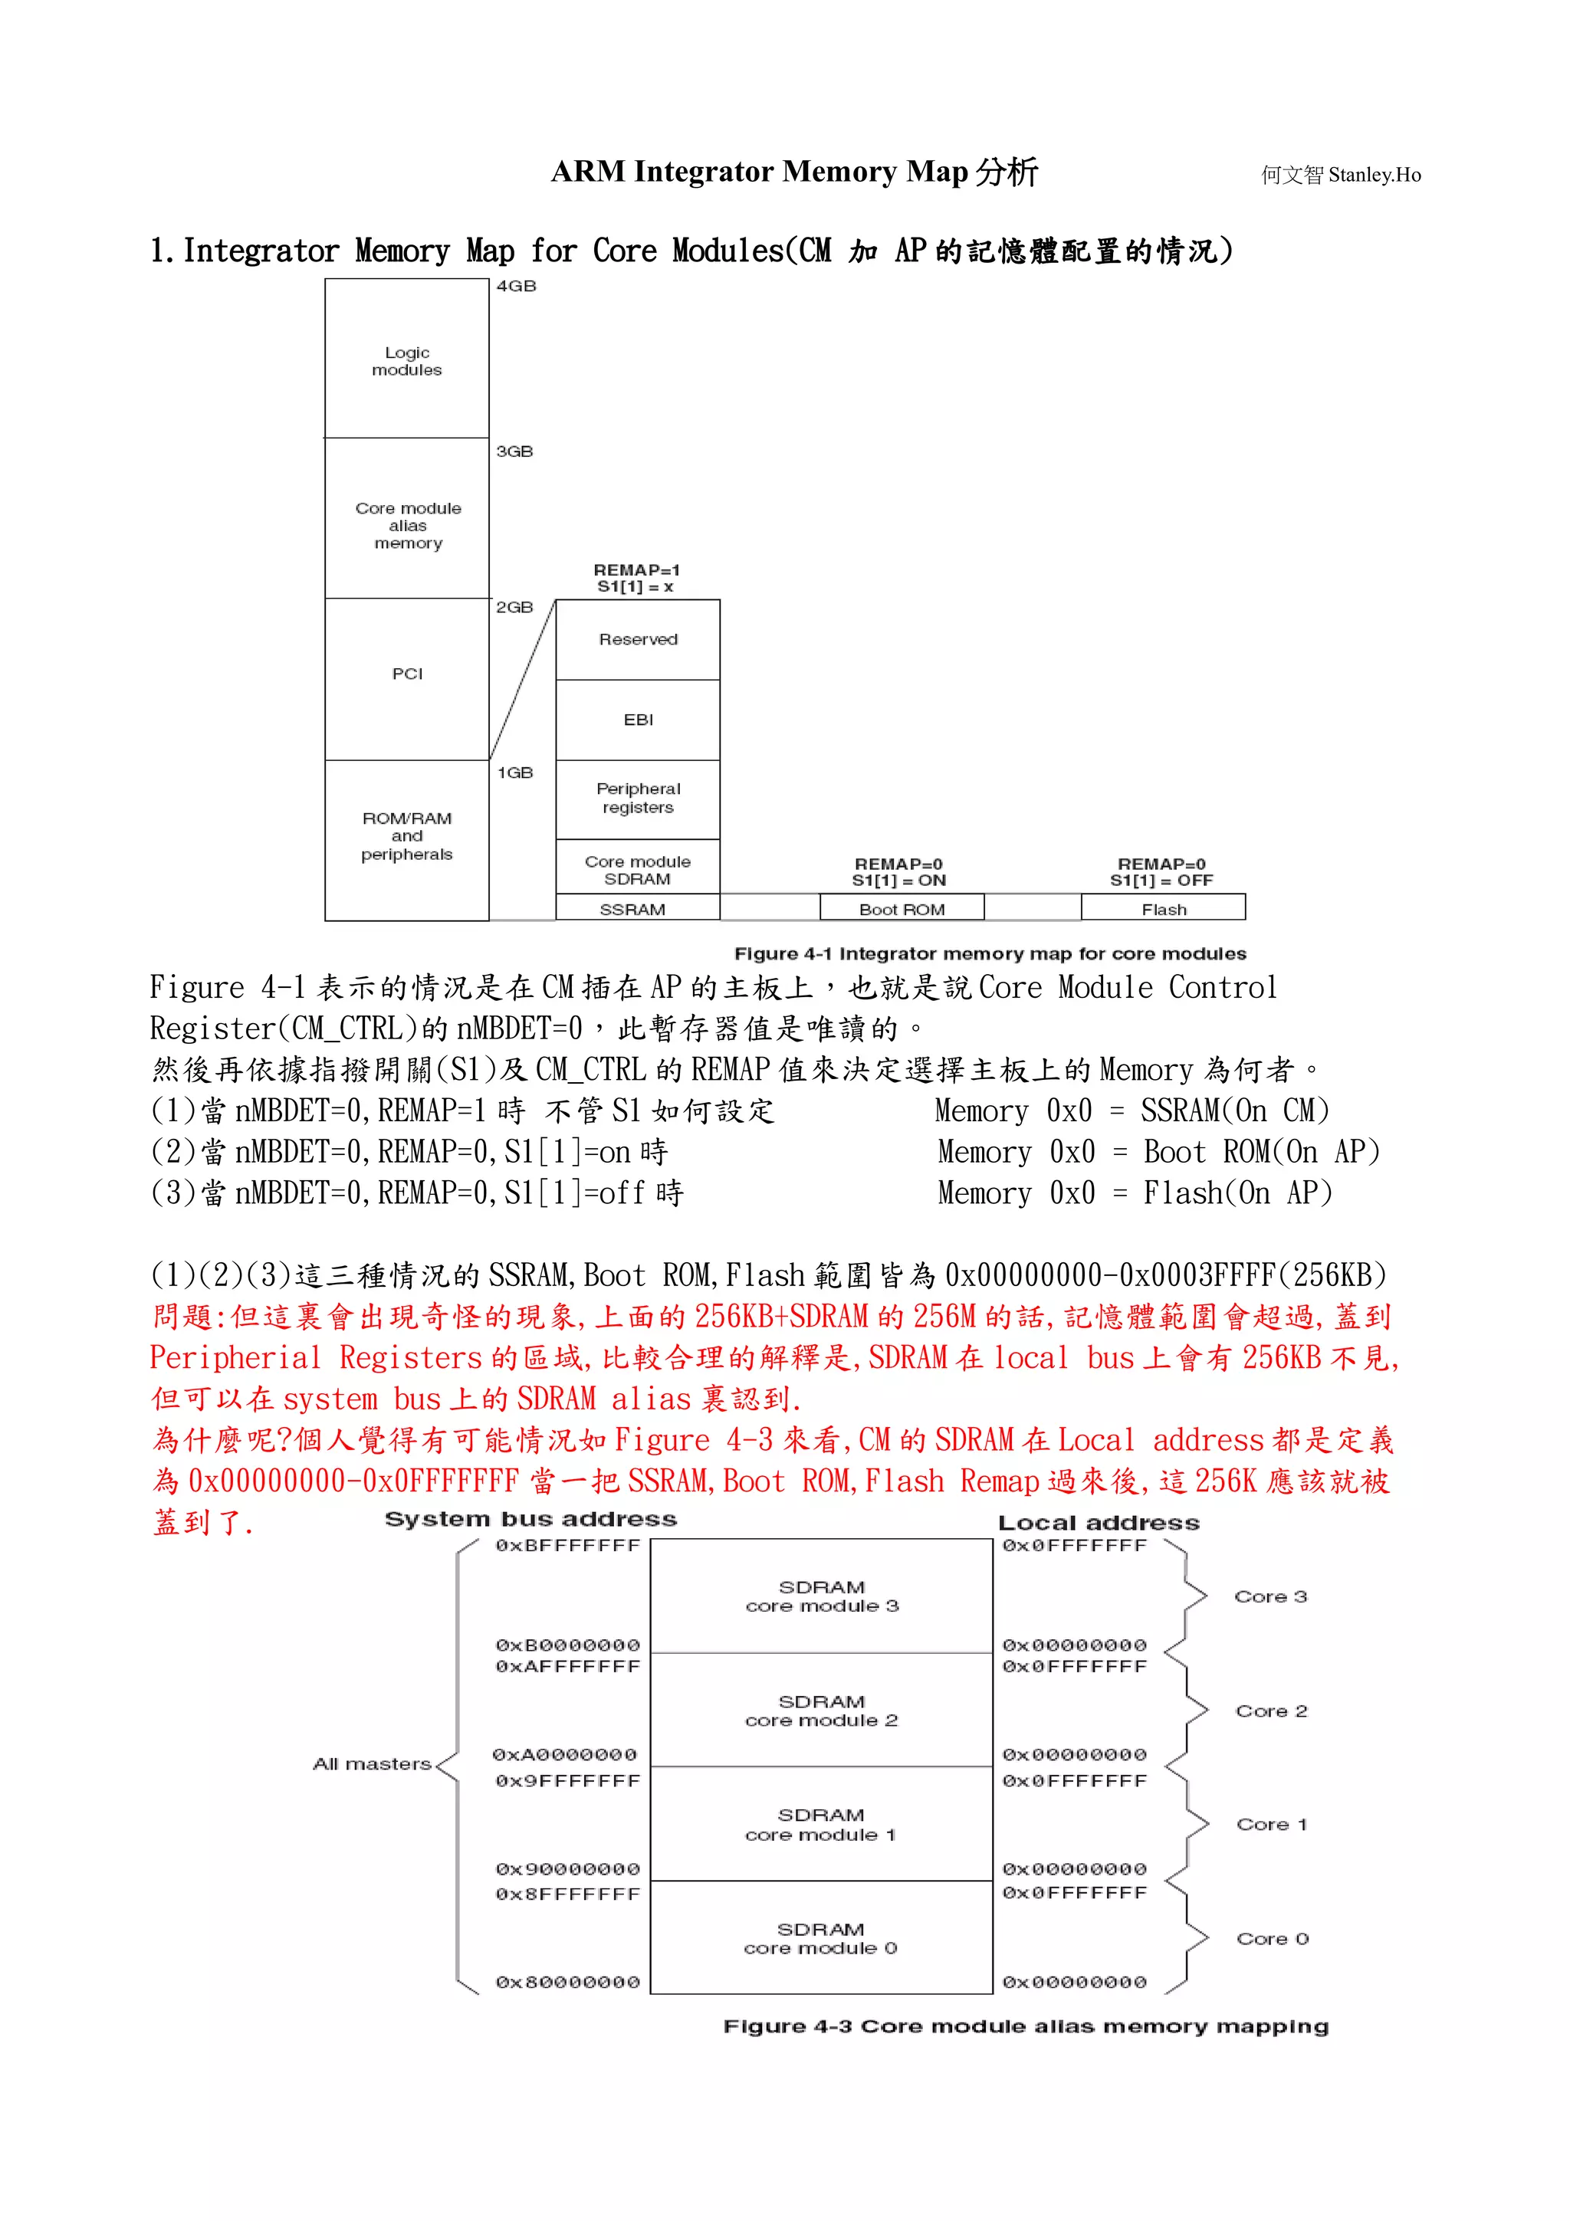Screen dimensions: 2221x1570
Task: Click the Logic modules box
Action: (406, 360)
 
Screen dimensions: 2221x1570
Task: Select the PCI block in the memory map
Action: (406, 674)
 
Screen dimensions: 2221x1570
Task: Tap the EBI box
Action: (638, 720)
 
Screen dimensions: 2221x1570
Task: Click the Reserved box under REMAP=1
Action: (638, 639)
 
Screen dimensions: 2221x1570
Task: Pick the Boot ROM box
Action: (902, 908)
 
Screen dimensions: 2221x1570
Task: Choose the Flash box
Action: (1163, 908)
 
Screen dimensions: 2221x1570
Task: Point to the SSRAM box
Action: (634, 908)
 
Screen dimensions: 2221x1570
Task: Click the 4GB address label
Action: (516, 287)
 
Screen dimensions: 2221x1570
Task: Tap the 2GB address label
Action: (514, 608)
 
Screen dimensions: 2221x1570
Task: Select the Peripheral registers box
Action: (638, 798)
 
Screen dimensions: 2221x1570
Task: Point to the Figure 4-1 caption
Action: (990, 954)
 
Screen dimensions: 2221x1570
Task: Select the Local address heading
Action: (1098, 1524)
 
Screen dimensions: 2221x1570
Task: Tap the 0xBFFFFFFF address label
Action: (568, 1546)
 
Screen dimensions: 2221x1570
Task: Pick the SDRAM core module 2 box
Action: (821, 1711)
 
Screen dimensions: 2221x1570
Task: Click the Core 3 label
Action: (1270, 1597)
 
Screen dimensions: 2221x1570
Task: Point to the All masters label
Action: (372, 1764)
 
